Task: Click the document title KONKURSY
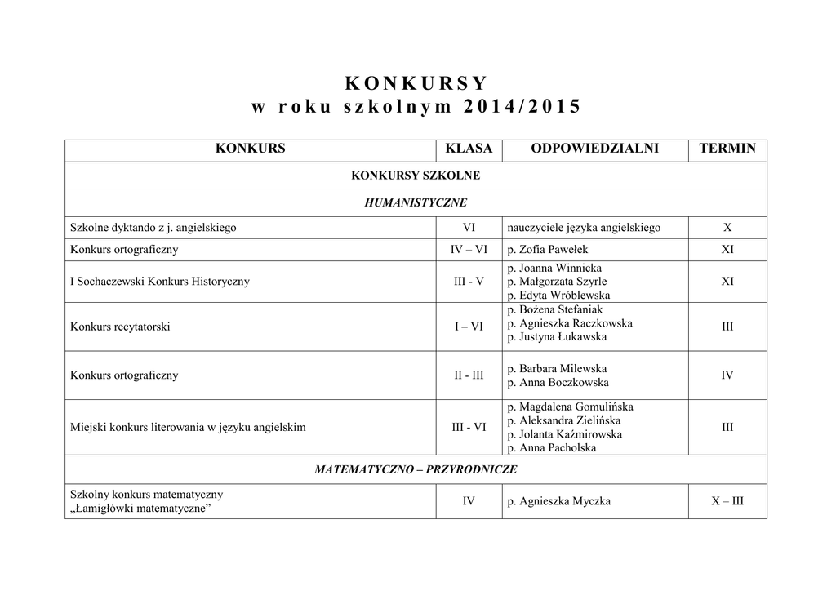point(416,83)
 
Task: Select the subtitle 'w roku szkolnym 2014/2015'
point(416,107)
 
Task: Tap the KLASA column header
point(469,149)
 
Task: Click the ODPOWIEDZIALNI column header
point(594,149)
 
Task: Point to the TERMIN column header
point(727,149)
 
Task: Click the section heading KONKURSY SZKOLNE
point(416,176)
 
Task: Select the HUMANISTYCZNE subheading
point(416,202)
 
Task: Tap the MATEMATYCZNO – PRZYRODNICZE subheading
point(416,469)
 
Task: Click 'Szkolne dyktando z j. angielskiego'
point(153,228)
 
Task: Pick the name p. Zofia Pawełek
point(548,250)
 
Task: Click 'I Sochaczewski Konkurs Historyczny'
point(160,282)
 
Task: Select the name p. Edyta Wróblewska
point(558,295)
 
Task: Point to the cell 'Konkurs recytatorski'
point(120,327)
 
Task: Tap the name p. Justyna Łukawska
point(557,337)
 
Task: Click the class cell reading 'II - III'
point(469,375)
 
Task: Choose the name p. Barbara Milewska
point(557,368)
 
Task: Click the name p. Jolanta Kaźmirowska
point(564,434)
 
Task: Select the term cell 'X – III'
point(727,501)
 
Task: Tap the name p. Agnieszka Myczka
point(558,501)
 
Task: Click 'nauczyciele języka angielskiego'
point(584,228)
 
